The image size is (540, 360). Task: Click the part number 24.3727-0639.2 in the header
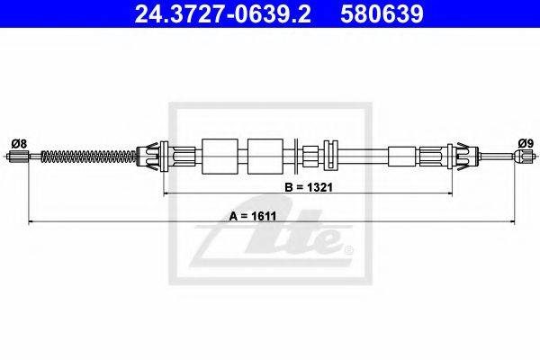tap(222, 13)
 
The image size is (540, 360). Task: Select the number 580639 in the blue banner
tap(382, 13)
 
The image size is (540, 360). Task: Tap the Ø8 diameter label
tap(19, 143)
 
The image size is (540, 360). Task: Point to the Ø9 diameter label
tap(526, 143)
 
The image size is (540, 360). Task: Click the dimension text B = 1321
tap(309, 187)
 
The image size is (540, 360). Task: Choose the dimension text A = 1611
tap(253, 216)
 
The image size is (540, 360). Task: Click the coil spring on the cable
tap(89, 157)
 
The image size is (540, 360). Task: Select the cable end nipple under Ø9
tap(523, 157)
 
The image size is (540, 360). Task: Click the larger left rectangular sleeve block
tap(220, 157)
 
